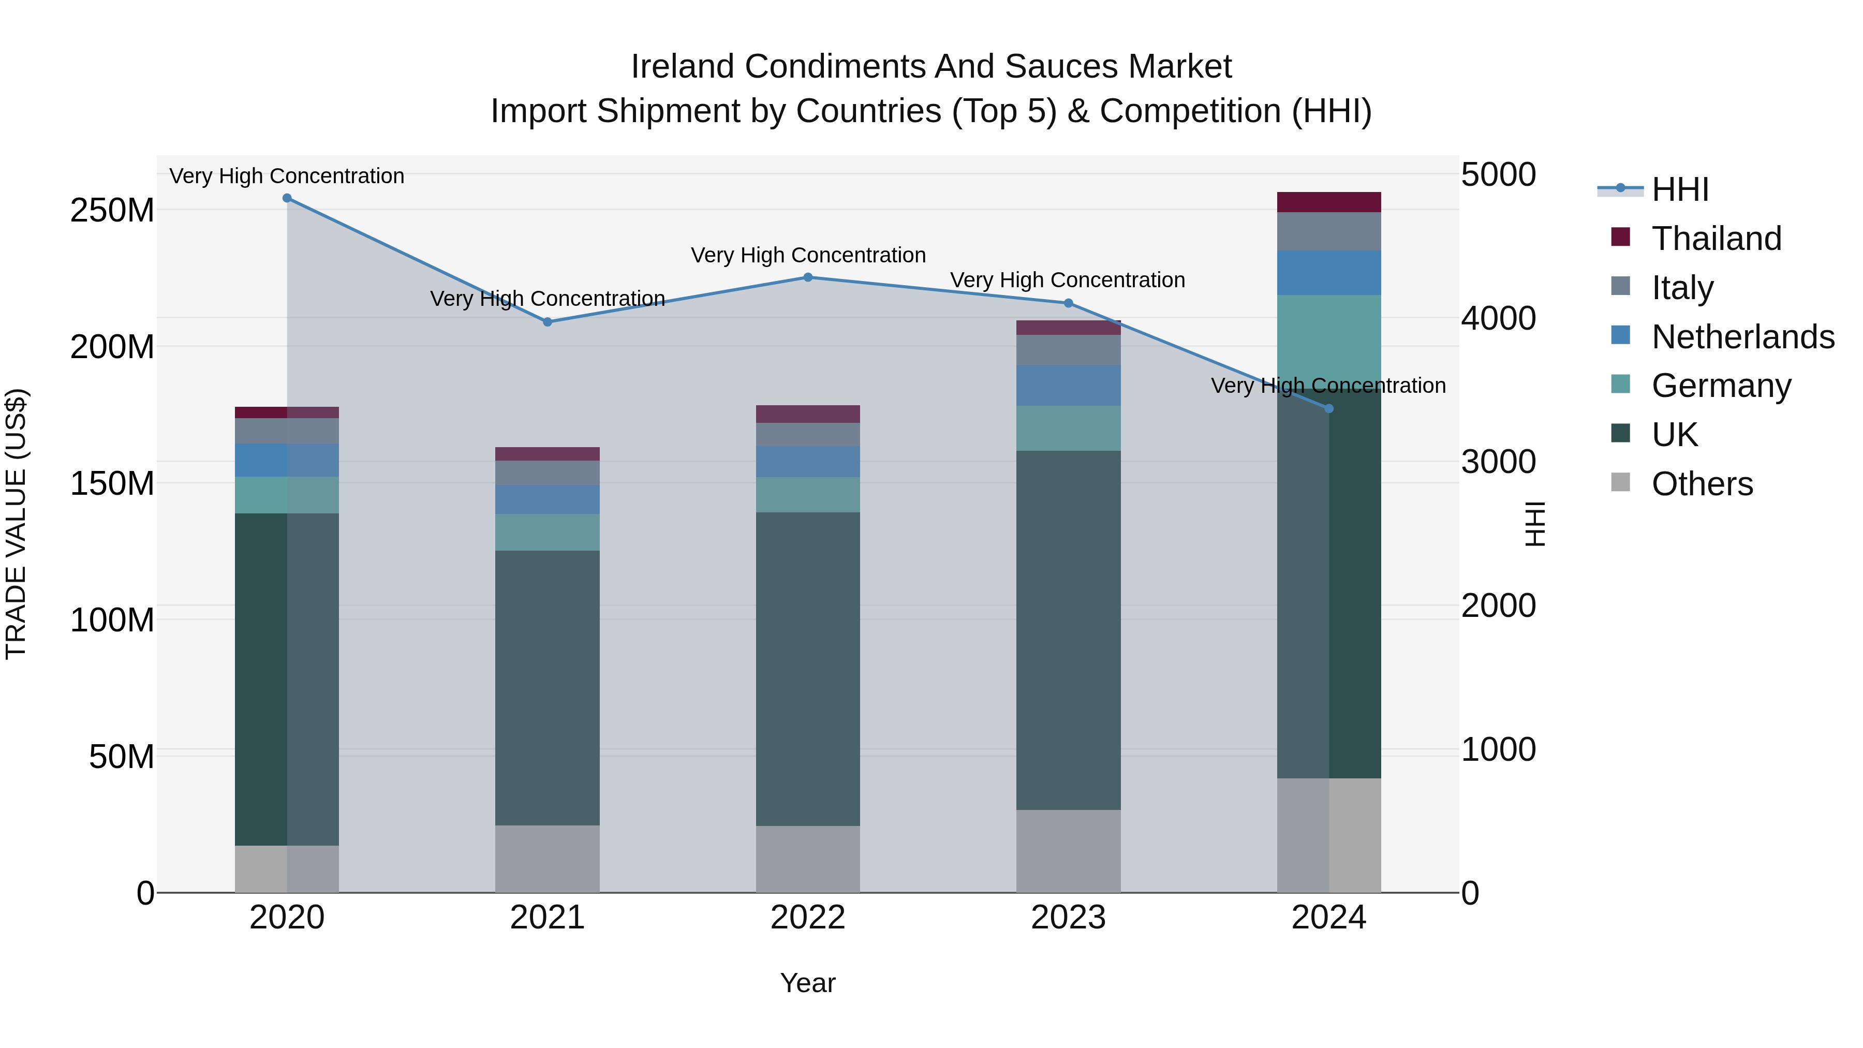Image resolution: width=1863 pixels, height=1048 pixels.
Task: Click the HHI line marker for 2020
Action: [x=287, y=198]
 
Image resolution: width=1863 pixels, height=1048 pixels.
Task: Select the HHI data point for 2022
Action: [x=808, y=277]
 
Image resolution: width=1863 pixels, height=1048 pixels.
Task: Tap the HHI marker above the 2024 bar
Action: [x=1328, y=409]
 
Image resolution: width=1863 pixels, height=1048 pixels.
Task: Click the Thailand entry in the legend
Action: [x=1716, y=239]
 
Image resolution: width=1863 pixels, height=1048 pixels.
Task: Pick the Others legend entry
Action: [x=1702, y=484]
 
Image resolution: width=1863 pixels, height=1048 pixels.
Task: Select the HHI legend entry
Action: [x=1679, y=189]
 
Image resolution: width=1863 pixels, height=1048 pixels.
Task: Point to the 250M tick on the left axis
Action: [x=112, y=211]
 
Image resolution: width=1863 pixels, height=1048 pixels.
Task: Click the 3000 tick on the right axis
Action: [x=1498, y=462]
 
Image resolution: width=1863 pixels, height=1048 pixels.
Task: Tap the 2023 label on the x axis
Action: [x=1068, y=918]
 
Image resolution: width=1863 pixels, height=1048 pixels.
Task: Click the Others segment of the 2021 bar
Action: [x=548, y=859]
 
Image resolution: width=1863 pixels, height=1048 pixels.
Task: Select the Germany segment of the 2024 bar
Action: [x=1328, y=340]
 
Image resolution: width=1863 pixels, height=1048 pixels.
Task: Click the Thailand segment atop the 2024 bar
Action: [x=1328, y=202]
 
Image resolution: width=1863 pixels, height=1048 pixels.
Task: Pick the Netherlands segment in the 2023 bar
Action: [x=1068, y=386]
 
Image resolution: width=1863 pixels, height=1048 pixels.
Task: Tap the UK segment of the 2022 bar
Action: [x=808, y=669]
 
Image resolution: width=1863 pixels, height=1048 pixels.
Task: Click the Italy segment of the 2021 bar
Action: [x=548, y=473]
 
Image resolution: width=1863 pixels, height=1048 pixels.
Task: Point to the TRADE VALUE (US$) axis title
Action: [x=16, y=524]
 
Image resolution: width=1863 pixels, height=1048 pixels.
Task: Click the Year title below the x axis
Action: [x=808, y=983]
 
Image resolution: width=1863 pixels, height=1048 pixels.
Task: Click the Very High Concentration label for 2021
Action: [x=548, y=299]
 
